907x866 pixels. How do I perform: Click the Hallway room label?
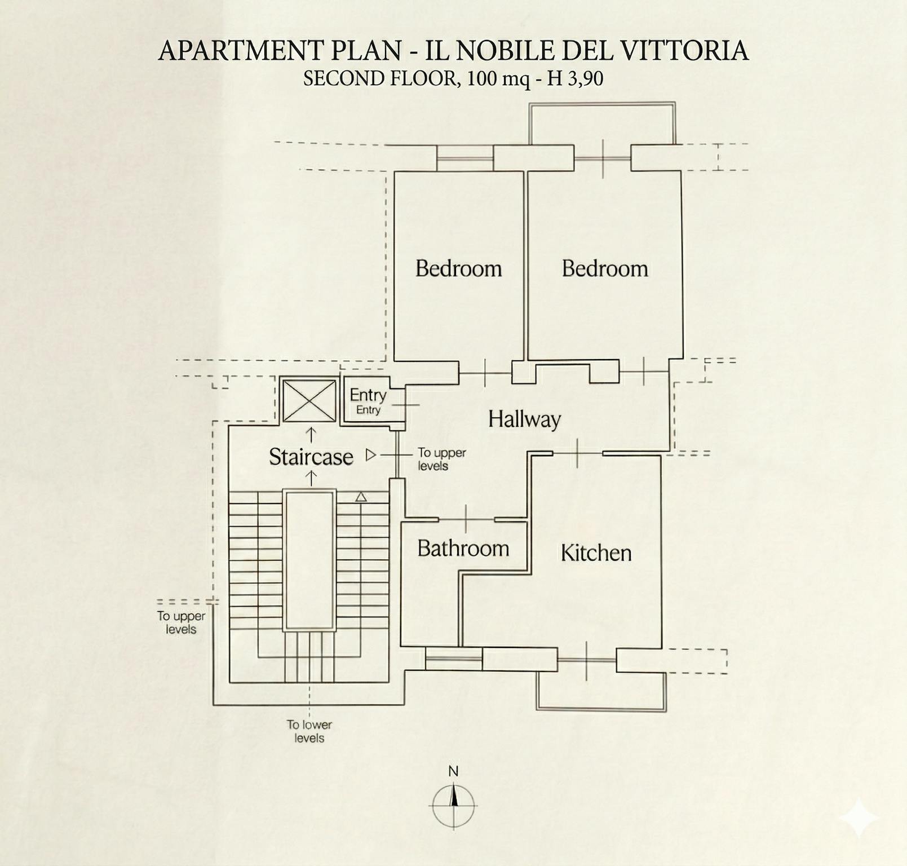524,419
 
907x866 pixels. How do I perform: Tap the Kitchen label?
596,553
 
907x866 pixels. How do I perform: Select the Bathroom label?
463,548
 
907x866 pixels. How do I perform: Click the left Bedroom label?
458,268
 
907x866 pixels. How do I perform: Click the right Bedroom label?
605,268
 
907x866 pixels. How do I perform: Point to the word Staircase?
311,457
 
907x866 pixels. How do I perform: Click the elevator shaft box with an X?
309,401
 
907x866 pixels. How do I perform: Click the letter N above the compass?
453,771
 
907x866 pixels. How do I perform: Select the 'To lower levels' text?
309,731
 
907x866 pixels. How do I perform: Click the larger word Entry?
368,395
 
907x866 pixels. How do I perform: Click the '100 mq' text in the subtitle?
499,78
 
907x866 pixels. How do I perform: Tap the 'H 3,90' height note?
575,78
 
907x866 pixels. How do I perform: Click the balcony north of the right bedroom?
602,123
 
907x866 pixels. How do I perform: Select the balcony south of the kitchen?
601,691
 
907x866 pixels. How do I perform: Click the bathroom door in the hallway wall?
466,519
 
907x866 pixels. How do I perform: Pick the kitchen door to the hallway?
578,453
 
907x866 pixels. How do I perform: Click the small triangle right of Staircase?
370,454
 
